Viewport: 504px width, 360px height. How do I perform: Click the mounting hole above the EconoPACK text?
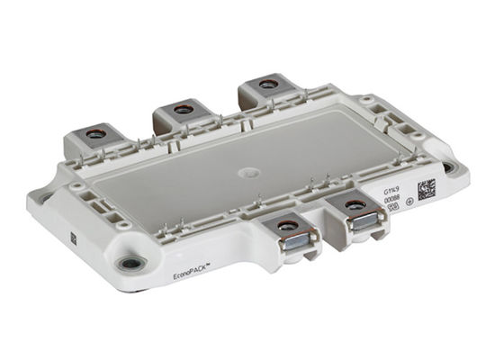[x=132, y=264]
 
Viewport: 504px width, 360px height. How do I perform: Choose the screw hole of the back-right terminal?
[x=265, y=86]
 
